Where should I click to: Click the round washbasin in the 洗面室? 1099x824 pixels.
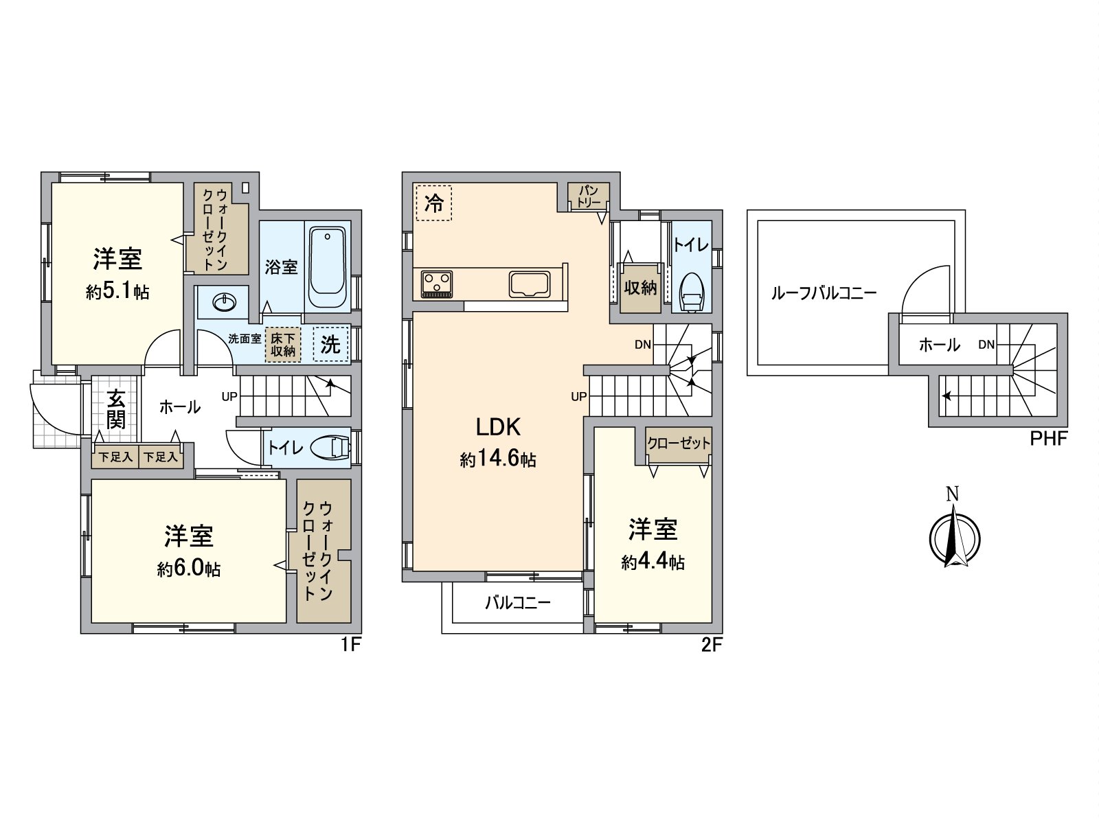pos(223,301)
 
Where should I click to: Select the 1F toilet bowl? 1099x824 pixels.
pos(331,448)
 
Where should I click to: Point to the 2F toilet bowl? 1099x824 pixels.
pos(691,293)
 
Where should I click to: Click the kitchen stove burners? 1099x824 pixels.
pos(436,282)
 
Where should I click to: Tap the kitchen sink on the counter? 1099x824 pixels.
pos(529,284)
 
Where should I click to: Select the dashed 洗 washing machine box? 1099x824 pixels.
pos(331,344)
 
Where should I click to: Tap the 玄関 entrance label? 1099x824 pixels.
pos(116,410)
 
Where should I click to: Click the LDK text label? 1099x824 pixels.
pos(498,427)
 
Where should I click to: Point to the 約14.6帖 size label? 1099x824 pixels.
pos(498,459)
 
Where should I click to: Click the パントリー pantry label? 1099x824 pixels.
pos(589,196)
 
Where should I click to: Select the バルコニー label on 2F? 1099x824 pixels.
pos(518,603)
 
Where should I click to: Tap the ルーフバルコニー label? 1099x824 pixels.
pos(824,294)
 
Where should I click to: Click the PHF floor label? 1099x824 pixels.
pos(1048,439)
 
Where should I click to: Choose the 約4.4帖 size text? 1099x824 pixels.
pos(653,562)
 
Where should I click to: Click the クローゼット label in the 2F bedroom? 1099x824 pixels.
pos(679,444)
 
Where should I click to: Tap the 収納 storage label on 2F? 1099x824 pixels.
pos(640,288)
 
